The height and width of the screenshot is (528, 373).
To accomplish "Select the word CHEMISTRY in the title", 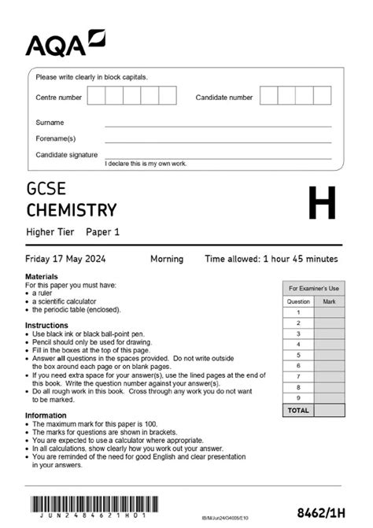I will tap(72, 210).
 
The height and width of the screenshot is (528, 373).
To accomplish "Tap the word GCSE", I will tap(46, 190).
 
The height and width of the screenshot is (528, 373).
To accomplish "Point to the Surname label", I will tap(50, 123).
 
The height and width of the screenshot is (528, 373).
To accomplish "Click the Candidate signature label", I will tap(67, 155).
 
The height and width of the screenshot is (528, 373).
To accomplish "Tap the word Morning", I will tap(167, 259).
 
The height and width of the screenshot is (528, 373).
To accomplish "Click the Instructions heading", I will tap(46, 325).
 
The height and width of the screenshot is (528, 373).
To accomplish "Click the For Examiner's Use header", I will tap(313, 289).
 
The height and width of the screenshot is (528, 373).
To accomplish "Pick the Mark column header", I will tap(329, 301).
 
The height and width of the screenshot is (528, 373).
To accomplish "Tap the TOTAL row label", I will tap(298, 410).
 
